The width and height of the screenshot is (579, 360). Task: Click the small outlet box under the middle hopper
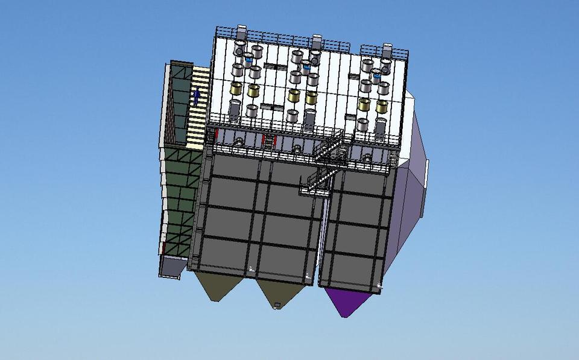pos(277,304)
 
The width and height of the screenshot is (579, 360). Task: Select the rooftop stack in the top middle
pos(316,41)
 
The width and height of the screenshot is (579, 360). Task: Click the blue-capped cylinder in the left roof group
pos(248,60)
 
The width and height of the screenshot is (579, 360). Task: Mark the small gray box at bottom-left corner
pos(170,266)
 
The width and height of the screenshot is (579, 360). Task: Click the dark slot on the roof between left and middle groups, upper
pos(273,65)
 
